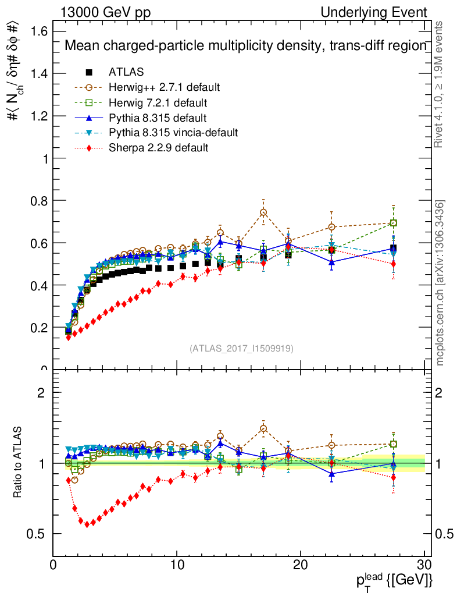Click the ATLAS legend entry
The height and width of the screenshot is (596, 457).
pos(126,72)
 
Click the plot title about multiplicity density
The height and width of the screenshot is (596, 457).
pos(245,46)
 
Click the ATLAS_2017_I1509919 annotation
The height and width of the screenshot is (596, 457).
pos(241,349)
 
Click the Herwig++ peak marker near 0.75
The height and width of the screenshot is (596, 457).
pos(263,212)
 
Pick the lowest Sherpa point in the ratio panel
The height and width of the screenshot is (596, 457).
pos(87,524)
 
